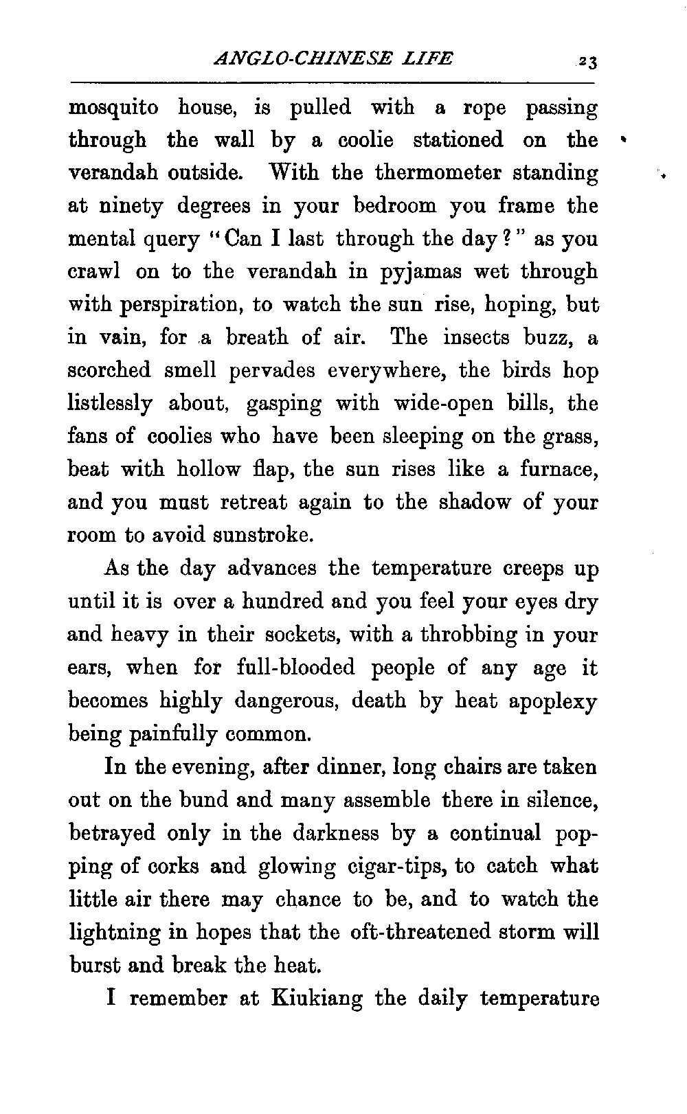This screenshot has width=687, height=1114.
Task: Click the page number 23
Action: click(587, 61)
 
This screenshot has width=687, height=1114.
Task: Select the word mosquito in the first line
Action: click(113, 109)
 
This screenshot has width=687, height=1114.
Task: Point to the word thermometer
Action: click(440, 173)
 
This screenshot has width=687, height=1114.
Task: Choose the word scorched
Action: click(109, 370)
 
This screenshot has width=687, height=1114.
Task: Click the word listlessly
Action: click(110, 404)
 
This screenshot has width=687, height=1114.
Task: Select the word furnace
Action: click(557, 470)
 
